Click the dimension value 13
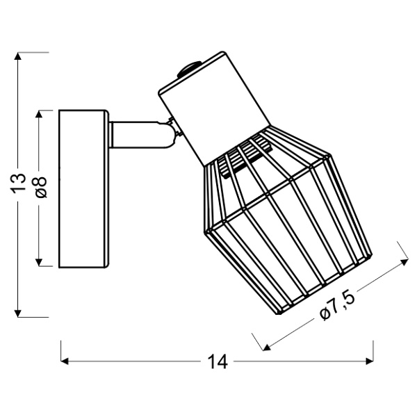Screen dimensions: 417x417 coord(18,183)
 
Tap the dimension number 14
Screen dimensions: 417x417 coord(218,361)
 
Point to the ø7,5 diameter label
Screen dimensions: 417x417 coord(337,304)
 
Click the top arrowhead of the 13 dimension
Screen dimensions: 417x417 coord(18,56)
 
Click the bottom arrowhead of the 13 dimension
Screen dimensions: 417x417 coord(18,313)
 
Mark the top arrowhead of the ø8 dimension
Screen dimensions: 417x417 coord(39,115)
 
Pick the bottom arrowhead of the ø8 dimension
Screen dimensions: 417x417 coord(39,262)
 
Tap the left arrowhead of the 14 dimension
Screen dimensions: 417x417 coord(65,361)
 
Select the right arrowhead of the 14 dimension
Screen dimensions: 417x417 coord(370,361)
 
